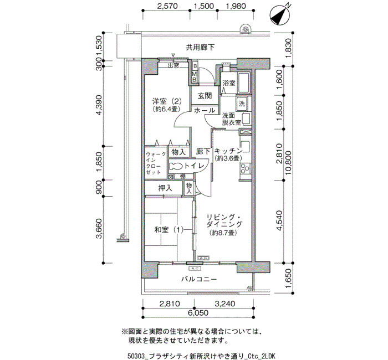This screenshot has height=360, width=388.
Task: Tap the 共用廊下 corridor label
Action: (200, 48)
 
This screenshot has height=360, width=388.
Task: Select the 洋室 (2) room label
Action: (167, 101)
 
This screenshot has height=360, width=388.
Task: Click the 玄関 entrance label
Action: (205, 96)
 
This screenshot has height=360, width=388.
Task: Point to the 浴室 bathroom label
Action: (228, 83)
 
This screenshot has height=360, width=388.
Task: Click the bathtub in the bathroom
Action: (243, 83)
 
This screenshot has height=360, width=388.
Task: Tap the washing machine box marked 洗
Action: (242, 103)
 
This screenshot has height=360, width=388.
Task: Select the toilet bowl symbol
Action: (176, 166)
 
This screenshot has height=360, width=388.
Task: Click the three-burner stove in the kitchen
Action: (245, 168)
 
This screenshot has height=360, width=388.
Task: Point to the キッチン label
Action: (228, 151)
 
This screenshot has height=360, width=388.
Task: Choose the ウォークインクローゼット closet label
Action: (156, 163)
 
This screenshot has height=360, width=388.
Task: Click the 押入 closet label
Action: (165, 188)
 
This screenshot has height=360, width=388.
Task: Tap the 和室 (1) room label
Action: (169, 230)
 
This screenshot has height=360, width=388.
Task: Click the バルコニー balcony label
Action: (199, 279)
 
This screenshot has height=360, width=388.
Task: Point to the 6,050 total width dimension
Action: (198, 313)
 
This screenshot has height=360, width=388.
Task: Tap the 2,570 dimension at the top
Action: (167, 6)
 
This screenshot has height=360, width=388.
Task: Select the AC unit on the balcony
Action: (195, 268)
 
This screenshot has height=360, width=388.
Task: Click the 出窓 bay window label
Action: (173, 65)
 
